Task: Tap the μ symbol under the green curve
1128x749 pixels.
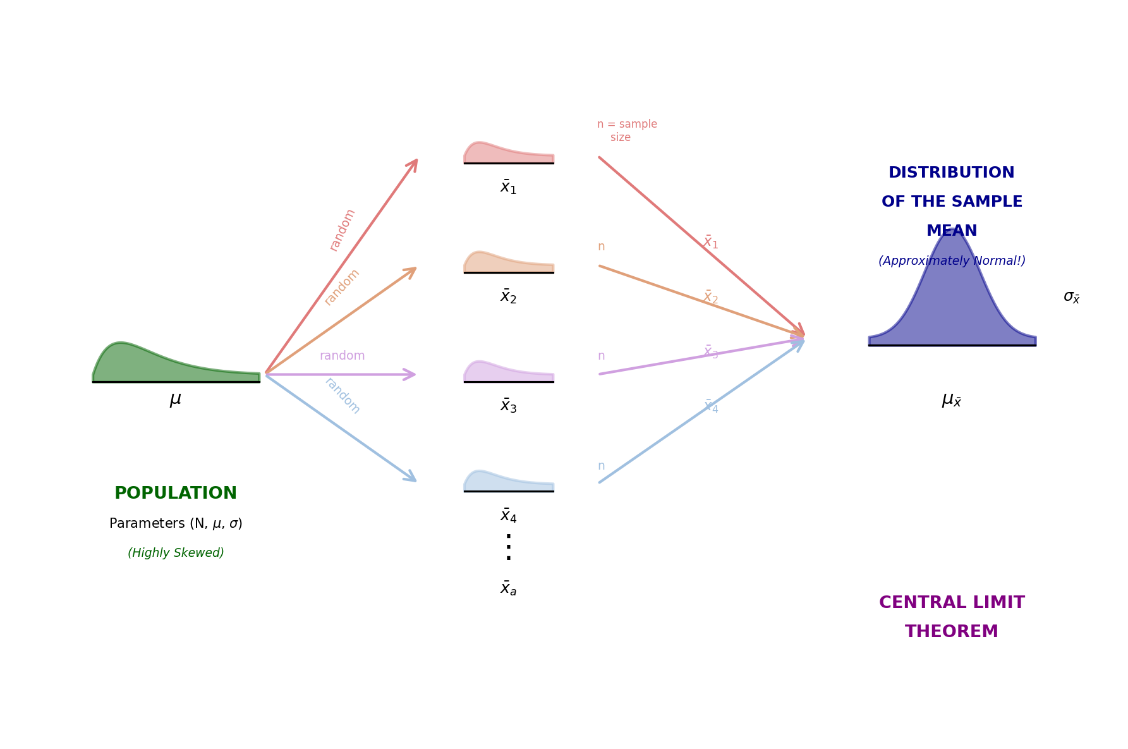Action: pyautogui.click(x=176, y=399)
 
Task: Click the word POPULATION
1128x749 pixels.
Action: pyautogui.click(x=176, y=494)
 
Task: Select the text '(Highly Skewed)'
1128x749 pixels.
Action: pyautogui.click(x=176, y=553)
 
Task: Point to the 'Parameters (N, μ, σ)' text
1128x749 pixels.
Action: pyautogui.click(x=176, y=524)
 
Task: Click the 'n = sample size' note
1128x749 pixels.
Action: pyautogui.click(x=627, y=131)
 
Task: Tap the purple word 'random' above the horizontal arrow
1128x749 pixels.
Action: pyautogui.click(x=343, y=356)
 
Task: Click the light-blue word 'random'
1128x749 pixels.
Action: pyautogui.click(x=343, y=396)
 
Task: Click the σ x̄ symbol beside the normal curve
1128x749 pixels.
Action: pyautogui.click(x=1072, y=297)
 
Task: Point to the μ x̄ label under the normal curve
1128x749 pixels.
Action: pyautogui.click(x=952, y=400)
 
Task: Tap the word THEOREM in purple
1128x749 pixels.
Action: pyautogui.click(x=952, y=632)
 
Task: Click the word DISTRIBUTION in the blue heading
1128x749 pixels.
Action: pyautogui.click(x=952, y=173)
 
